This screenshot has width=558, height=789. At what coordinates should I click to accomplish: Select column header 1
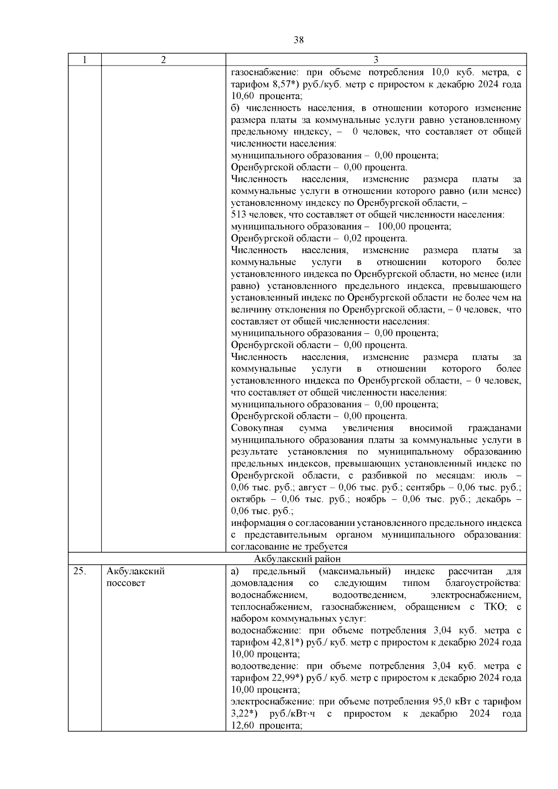point(84,60)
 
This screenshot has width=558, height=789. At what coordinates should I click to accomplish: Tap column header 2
point(163,60)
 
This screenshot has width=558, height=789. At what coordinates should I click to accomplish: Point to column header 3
point(376,60)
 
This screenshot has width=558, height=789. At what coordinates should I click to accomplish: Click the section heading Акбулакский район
point(298,559)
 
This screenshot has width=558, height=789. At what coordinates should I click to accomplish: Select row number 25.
point(79,571)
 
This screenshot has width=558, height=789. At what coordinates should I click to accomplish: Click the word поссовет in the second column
point(126,583)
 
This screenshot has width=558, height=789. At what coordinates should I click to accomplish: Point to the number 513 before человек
point(239,215)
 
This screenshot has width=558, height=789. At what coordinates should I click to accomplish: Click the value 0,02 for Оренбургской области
point(352,239)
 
